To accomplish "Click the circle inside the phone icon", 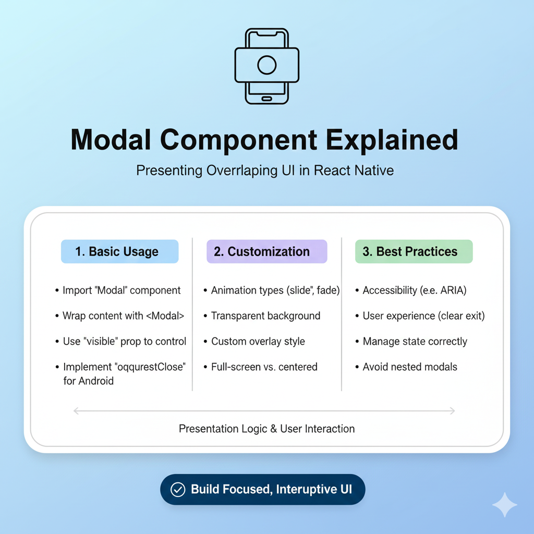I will [267, 65].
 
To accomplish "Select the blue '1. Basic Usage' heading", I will [119, 251].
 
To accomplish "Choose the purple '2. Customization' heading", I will [266, 251].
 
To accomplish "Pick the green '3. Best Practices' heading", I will [414, 251].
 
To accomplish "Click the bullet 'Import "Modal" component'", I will [121, 290].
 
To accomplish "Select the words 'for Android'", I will [88, 381].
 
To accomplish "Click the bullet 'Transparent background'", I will [265, 316].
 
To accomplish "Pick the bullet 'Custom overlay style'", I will [258, 342].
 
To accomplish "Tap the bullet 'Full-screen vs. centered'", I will [264, 367].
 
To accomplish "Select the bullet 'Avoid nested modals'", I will [410, 367].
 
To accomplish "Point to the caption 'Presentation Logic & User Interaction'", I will [266, 429].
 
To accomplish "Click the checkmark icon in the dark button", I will [178, 490].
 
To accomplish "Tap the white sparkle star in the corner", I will [505, 505].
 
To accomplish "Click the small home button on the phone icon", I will [267, 99].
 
